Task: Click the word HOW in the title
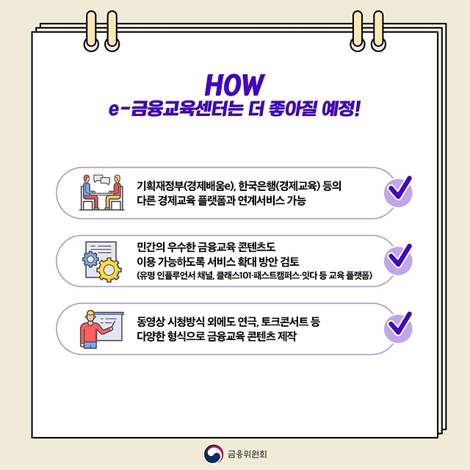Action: click(235, 84)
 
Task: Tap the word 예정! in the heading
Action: click(340, 109)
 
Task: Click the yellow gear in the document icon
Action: click(109, 270)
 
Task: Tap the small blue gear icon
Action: click(90, 259)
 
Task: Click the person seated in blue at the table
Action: click(90, 192)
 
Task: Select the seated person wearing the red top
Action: click(114, 192)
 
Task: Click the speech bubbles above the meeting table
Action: click(102, 179)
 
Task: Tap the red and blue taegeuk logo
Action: click(214, 454)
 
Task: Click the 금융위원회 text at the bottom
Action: click(247, 454)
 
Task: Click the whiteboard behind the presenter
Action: click(109, 327)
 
